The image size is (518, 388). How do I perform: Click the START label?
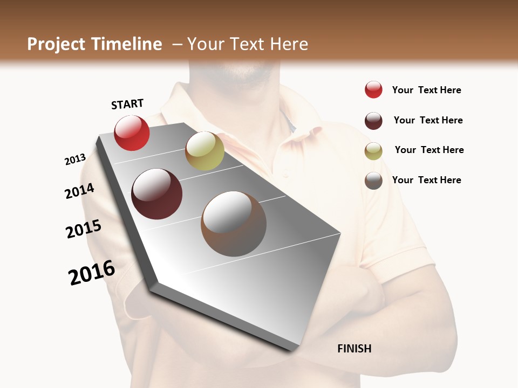127,103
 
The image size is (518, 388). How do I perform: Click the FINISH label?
355,349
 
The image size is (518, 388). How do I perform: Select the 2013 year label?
75,160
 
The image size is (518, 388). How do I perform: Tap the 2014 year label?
79,191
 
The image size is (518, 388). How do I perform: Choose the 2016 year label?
92,273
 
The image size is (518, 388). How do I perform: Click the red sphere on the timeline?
132,133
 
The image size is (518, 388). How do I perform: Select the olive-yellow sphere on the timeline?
205,151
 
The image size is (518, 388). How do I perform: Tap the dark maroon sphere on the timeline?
156,194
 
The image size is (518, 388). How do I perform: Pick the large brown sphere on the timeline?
234,224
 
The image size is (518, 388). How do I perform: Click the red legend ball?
373,90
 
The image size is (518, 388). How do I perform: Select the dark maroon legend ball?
373,121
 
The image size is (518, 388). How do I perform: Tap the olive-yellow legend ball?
373,151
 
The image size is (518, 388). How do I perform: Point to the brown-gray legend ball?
373,181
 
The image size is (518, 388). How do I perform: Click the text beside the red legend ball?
426,90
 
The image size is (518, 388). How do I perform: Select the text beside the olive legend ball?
429,150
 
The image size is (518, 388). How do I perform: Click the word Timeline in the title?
127,44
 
